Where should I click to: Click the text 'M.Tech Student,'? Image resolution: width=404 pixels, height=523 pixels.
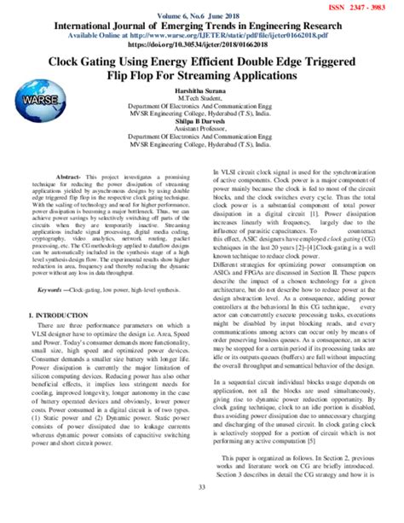click(202, 101)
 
